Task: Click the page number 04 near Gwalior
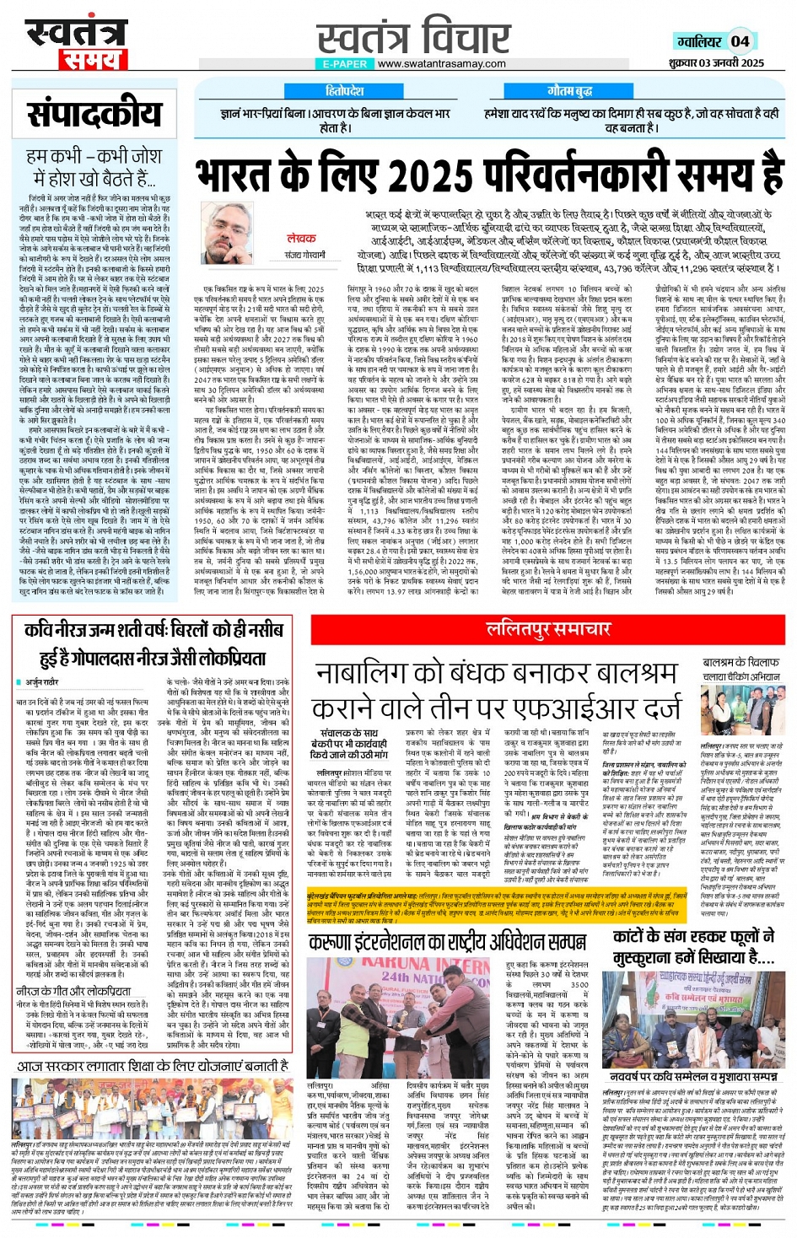[740, 41]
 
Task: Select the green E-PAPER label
[345, 64]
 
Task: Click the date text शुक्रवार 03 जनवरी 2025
[716, 63]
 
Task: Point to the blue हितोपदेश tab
[344, 90]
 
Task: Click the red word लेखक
[301, 239]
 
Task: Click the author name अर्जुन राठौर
[41, 681]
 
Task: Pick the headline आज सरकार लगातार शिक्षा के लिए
[152, 1067]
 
